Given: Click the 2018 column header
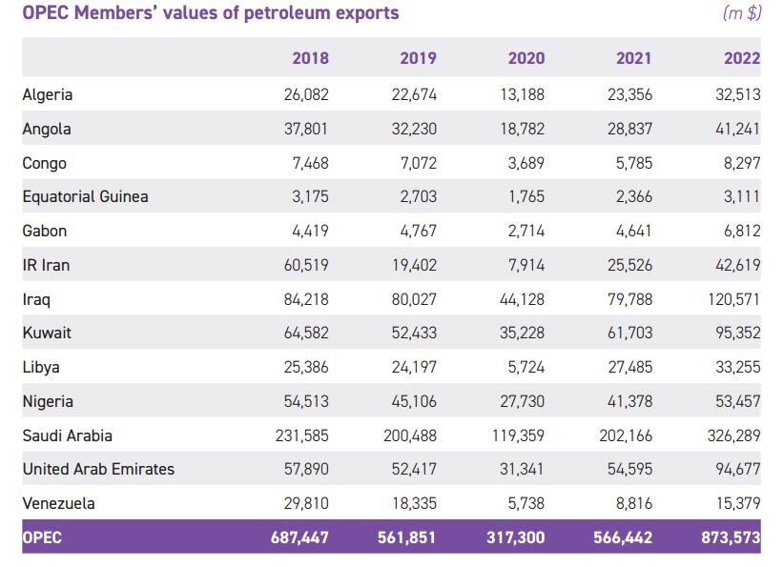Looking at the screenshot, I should click(310, 58).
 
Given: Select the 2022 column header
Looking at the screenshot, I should click(742, 58).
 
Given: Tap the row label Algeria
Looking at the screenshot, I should click(48, 94).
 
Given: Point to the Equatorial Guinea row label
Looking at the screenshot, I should click(85, 197).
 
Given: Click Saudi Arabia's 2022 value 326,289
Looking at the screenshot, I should click(730, 435).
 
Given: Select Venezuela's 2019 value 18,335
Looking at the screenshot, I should click(413, 503).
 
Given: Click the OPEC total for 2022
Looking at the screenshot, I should click(730, 537).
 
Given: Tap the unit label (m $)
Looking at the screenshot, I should click(741, 13).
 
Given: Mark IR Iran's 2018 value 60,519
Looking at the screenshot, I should click(306, 265).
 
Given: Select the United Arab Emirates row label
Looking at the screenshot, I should click(98, 469).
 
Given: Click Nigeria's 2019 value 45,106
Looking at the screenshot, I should click(413, 401).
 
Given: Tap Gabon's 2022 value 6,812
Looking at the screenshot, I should click(741, 231).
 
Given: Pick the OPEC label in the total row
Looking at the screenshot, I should click(42, 537).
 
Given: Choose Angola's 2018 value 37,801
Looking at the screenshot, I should click(306, 129).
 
